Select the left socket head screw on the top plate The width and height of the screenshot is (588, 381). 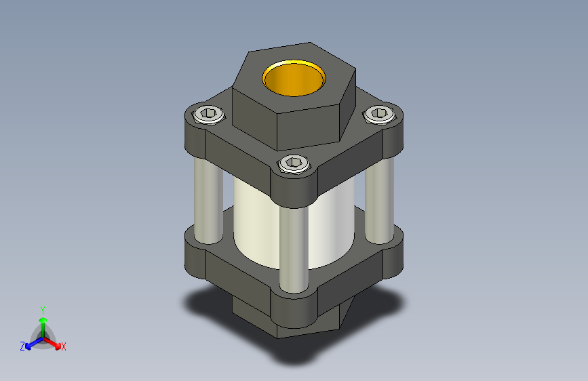[x=208, y=115]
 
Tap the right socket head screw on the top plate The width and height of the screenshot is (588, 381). [x=378, y=115]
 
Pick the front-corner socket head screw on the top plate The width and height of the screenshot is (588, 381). [x=294, y=163]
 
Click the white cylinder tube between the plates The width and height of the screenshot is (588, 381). [x=258, y=224]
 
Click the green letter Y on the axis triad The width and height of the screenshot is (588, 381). [x=42, y=309]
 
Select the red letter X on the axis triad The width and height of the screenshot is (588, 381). [x=64, y=347]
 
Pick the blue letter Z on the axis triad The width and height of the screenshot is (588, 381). [x=22, y=346]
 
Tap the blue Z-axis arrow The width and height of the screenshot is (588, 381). [x=31, y=342]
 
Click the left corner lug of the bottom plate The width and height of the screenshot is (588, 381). [x=195, y=256]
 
